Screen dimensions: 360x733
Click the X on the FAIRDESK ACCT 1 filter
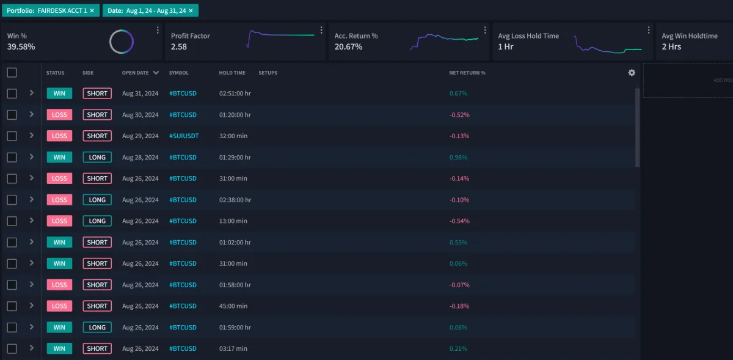[92, 11]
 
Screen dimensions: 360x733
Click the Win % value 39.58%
[21, 46]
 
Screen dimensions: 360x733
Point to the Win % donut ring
[122, 42]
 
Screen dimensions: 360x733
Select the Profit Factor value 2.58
[179, 46]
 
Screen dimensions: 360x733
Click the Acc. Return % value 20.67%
[348, 46]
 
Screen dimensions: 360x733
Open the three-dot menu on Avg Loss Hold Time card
[649, 30]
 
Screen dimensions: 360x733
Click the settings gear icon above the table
[632, 73]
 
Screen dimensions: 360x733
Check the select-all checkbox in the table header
[12, 73]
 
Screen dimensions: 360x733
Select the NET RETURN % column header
[467, 73]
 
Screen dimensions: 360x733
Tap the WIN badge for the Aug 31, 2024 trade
[59, 94]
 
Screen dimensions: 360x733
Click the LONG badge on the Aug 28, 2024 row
[97, 157]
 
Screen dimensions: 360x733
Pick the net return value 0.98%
[458, 157]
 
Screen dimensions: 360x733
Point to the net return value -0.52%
[459, 115]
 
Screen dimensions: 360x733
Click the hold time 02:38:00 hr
[235, 200]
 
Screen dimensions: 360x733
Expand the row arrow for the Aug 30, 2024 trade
[31, 114]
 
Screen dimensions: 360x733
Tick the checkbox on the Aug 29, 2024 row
[12, 136]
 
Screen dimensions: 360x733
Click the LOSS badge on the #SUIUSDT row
[59, 136]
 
